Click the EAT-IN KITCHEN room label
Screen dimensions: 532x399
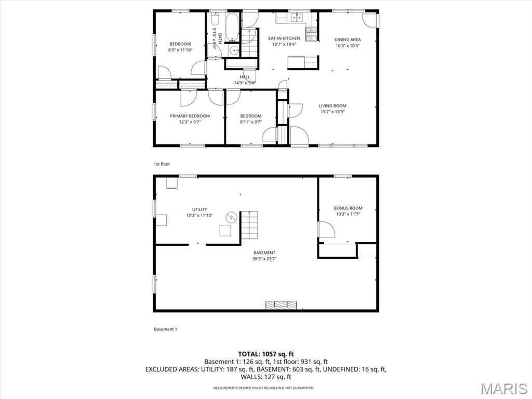284,38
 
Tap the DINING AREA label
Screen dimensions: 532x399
348,39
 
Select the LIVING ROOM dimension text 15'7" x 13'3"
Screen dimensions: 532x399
332,112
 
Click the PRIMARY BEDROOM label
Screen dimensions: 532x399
190,116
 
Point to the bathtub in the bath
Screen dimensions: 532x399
232,27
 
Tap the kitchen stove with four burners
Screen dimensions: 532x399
312,34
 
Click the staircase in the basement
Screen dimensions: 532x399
249,225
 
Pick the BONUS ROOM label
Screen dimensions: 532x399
348,208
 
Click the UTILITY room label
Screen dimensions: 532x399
199,209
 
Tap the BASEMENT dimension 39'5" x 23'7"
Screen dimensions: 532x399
264,259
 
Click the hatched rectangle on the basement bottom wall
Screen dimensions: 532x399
281,305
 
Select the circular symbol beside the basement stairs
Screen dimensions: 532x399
231,217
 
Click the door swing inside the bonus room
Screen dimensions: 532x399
326,229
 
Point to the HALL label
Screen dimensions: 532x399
245,77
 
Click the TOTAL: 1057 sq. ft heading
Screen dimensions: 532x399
265,354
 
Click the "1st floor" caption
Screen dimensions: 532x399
162,164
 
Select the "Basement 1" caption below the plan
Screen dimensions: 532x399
165,329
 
